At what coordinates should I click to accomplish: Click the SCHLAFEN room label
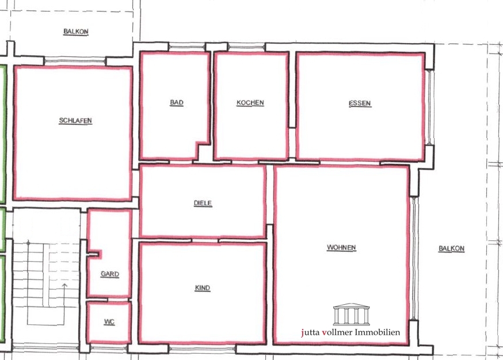tap(75, 121)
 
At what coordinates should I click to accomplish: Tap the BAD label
tap(177, 102)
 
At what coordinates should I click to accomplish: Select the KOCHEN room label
tap(250, 103)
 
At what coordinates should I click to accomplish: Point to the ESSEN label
tap(360, 103)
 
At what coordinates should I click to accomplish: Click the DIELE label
tap(203, 203)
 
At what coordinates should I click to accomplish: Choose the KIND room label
tap(203, 288)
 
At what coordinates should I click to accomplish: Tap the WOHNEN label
tap(341, 247)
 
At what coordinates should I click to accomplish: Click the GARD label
tap(110, 274)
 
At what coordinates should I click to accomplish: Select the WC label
tap(109, 322)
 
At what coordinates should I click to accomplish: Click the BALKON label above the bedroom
tap(76, 32)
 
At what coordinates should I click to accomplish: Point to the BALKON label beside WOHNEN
tap(451, 248)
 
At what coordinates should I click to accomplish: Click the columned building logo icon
tap(351, 314)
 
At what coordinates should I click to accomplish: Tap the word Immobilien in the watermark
tap(381, 332)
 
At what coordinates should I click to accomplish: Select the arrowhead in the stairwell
tap(64, 285)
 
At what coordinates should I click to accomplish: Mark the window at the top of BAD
tap(187, 48)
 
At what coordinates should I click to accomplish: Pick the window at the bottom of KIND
tap(202, 348)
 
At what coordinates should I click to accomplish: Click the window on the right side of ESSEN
tap(430, 107)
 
